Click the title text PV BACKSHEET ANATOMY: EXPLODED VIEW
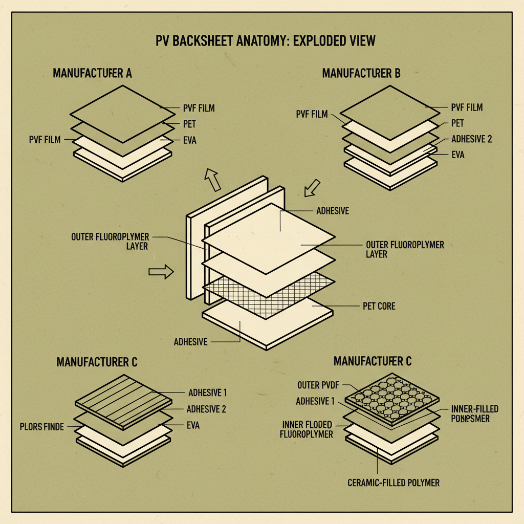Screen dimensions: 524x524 click(266, 41)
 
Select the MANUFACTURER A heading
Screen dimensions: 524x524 click(92, 73)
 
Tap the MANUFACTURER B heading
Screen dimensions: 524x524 click(361, 73)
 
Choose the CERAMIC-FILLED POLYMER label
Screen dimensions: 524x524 click(393, 483)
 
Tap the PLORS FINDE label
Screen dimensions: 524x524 click(42, 426)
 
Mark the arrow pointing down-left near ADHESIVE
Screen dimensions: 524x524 click(311, 188)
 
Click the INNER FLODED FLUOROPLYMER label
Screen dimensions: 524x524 click(307, 429)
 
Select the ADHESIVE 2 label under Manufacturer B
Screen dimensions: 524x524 click(471, 139)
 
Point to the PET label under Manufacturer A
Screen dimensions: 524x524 click(189, 124)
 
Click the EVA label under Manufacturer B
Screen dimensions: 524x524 click(458, 155)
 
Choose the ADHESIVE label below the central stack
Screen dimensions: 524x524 click(190, 342)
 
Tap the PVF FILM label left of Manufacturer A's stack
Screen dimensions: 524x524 click(45, 139)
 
